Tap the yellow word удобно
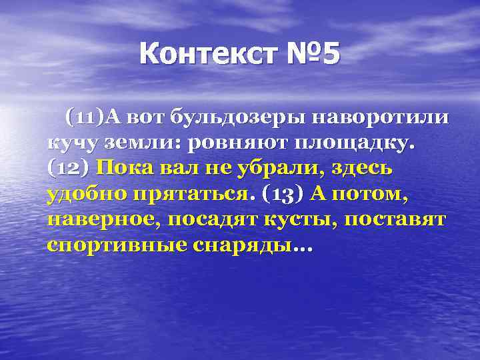pos(85,194)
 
